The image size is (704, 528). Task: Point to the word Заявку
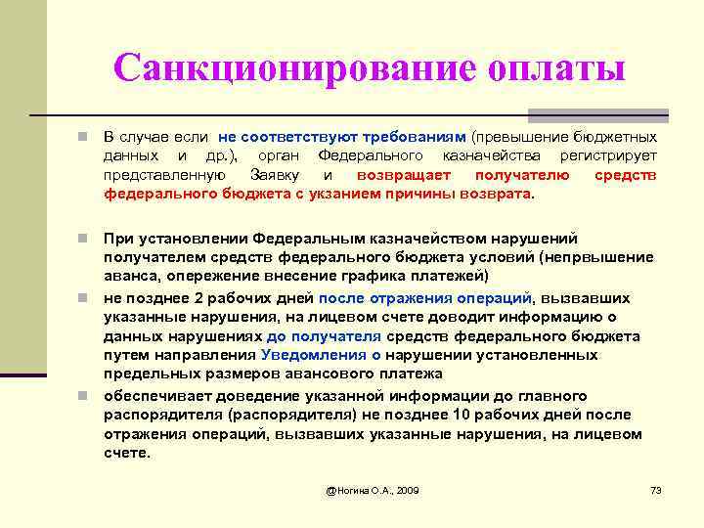click(279, 175)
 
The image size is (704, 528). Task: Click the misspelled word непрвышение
click(601, 257)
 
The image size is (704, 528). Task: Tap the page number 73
click(656, 489)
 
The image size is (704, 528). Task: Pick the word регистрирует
click(608, 156)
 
